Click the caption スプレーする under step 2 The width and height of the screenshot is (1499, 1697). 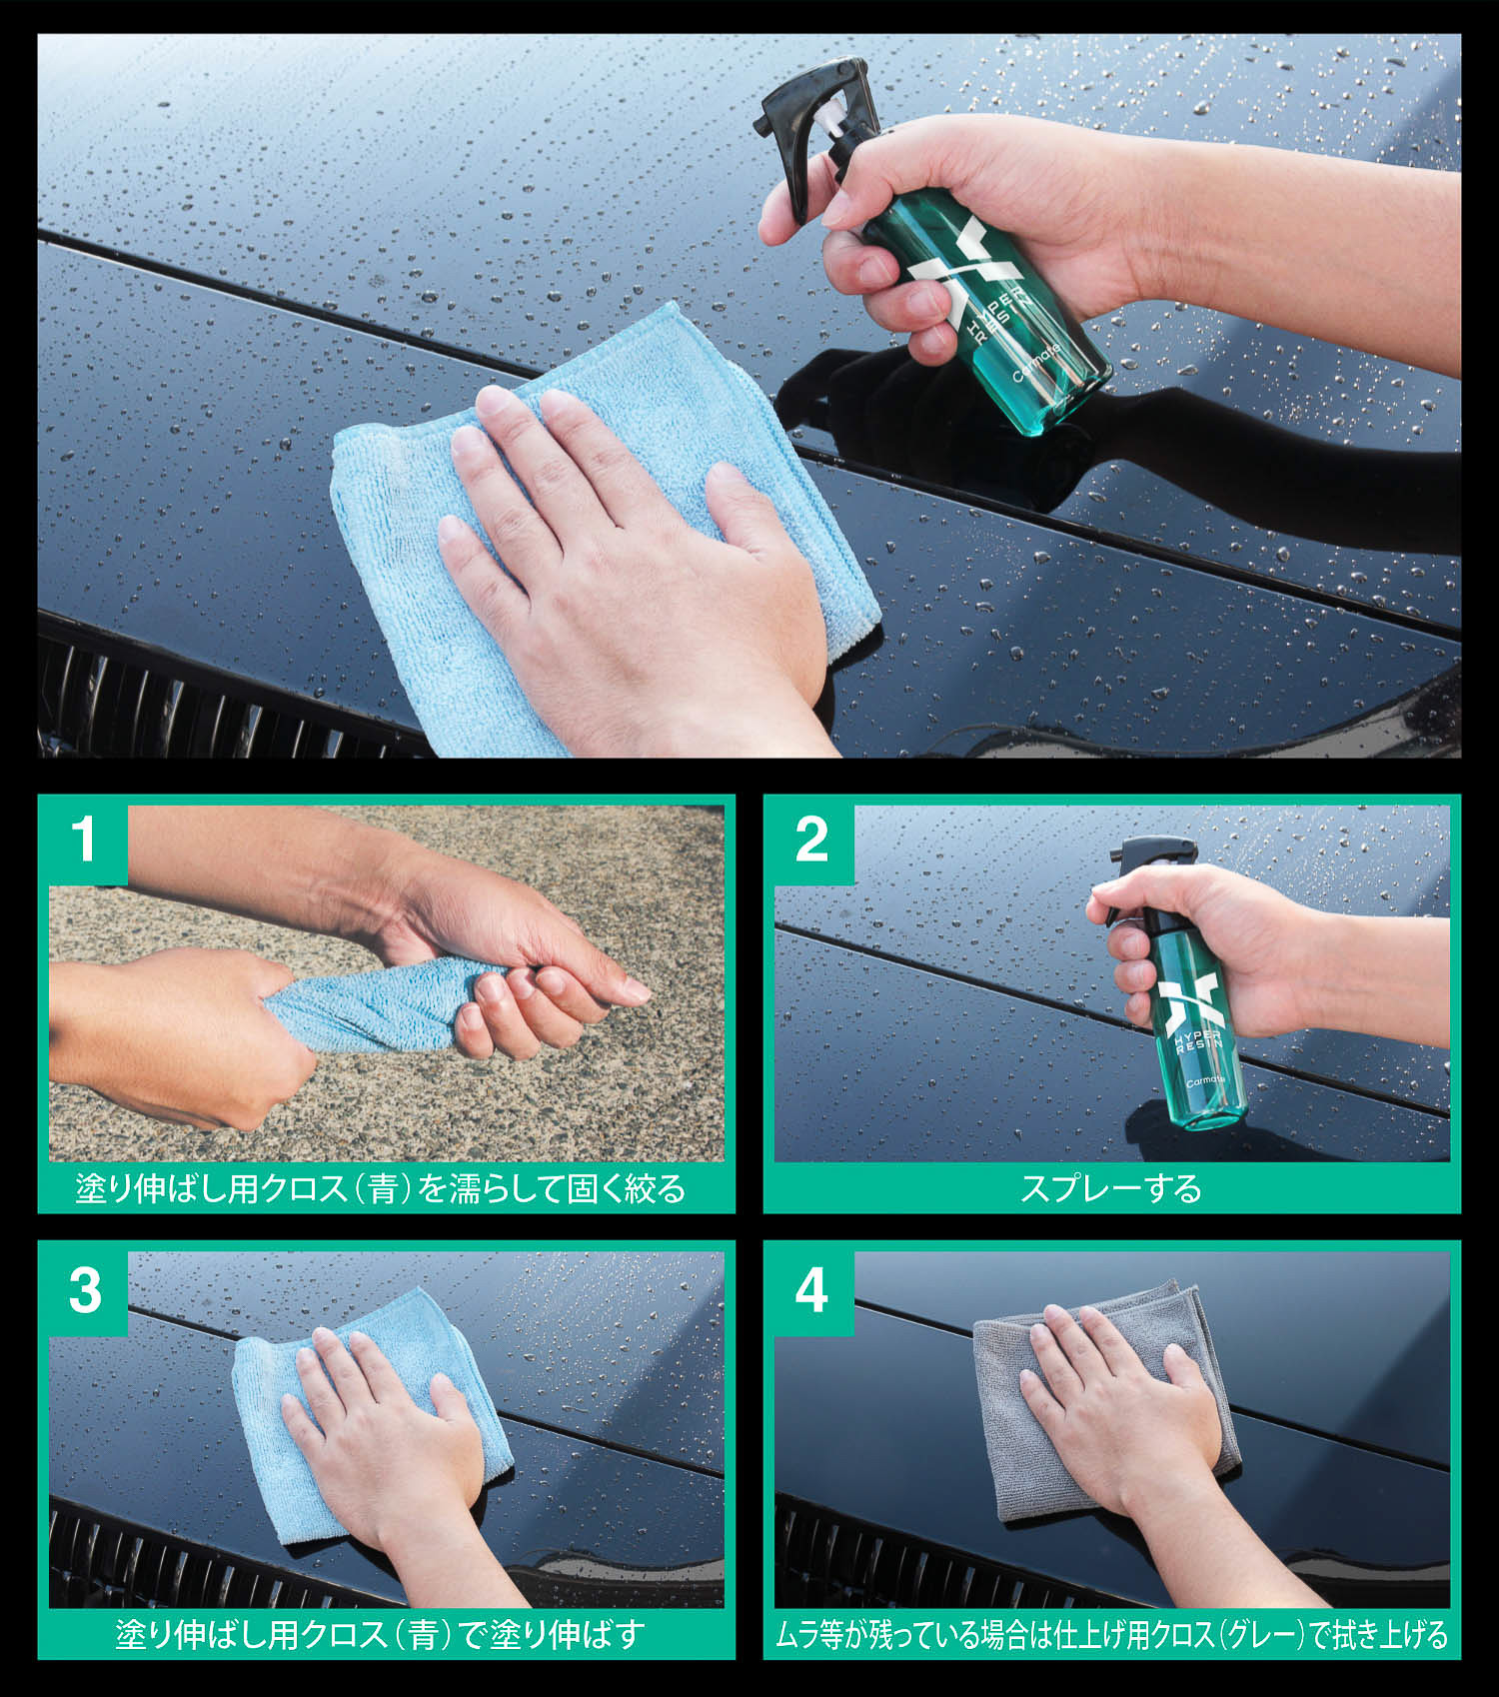[x=1110, y=1188]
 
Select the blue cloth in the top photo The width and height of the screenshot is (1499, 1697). [x=600, y=520]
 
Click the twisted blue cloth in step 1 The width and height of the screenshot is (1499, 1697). [x=375, y=1004]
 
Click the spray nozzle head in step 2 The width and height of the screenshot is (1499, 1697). [x=1149, y=859]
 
